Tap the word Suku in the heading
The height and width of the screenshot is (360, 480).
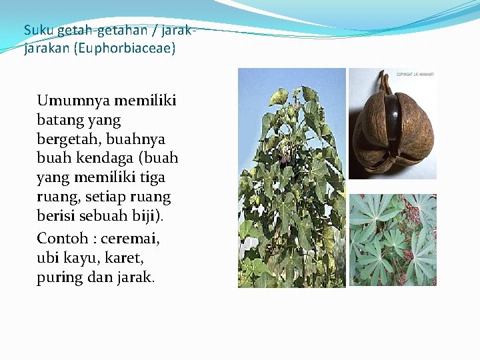tap(35, 30)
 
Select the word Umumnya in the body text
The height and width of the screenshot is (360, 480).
tap(73, 101)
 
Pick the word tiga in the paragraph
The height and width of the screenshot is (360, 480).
tap(152, 178)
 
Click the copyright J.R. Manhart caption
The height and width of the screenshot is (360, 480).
tap(415, 75)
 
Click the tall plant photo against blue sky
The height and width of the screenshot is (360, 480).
tap(292, 178)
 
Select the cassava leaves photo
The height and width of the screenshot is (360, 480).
tap(393, 240)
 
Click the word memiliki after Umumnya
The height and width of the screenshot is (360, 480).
tap(145, 101)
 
